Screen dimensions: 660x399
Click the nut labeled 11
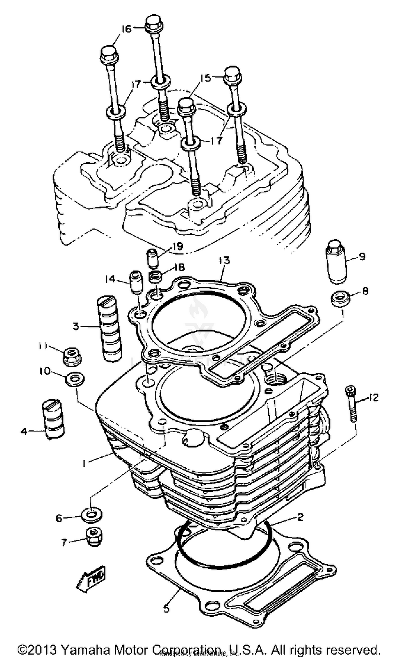coord(72,356)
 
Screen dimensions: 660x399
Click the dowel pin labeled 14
coord(136,283)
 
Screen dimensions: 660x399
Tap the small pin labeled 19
coord(153,259)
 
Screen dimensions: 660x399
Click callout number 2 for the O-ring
coord(300,517)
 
